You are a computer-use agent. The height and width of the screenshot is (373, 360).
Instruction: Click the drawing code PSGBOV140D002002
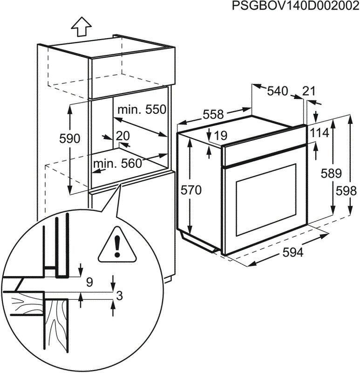[x=295, y=6]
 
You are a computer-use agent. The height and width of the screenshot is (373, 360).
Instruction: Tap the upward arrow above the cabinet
[x=81, y=27]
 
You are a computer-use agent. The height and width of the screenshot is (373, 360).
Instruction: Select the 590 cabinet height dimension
[x=69, y=138]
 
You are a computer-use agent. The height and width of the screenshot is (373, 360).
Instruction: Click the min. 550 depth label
[x=142, y=110]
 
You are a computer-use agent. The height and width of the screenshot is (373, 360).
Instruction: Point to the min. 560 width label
[x=118, y=164]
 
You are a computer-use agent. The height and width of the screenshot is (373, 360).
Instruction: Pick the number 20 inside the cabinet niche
[x=122, y=136]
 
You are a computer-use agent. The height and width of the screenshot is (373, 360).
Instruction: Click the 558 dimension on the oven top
[x=213, y=114]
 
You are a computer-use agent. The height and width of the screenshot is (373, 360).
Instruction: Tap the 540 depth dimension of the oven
[x=278, y=91]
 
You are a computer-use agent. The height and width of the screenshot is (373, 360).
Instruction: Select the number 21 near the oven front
[x=309, y=91]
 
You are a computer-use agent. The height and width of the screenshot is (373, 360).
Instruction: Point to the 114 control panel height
[x=319, y=133]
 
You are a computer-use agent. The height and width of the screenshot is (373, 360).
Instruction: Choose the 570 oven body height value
[x=191, y=190]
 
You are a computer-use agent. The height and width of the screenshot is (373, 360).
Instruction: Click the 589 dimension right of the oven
[x=331, y=173]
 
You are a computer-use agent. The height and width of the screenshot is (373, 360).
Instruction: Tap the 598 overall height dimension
[x=346, y=191]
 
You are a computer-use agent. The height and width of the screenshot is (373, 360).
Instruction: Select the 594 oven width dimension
[x=293, y=252]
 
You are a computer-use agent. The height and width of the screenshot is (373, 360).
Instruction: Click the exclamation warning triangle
[x=117, y=245]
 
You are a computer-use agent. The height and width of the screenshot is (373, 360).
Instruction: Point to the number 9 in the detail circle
[x=89, y=283]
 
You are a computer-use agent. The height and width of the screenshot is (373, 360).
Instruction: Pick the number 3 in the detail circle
[x=120, y=296]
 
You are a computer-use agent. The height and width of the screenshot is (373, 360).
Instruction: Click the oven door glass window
[x=266, y=200]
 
